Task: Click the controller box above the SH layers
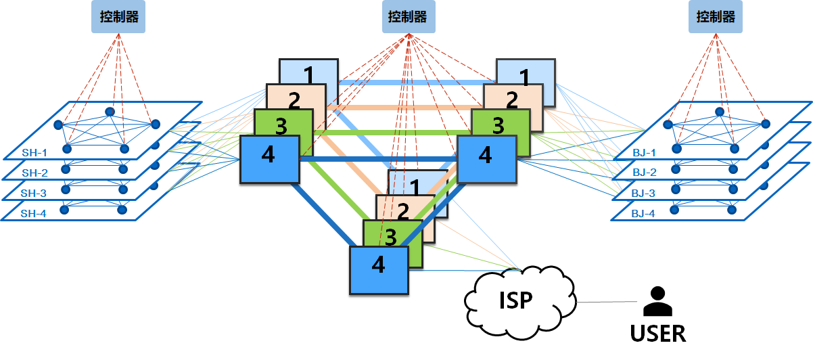pos(118,18)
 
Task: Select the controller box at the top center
pos(407,16)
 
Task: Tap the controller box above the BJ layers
pos(715,16)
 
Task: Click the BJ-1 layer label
pos(644,152)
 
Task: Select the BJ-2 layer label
pos(644,173)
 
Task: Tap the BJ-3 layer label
pos(644,193)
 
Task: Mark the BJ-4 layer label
pos(644,213)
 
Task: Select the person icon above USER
pos(657,302)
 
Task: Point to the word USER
pos(657,334)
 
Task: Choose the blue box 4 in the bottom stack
pos(379,269)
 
